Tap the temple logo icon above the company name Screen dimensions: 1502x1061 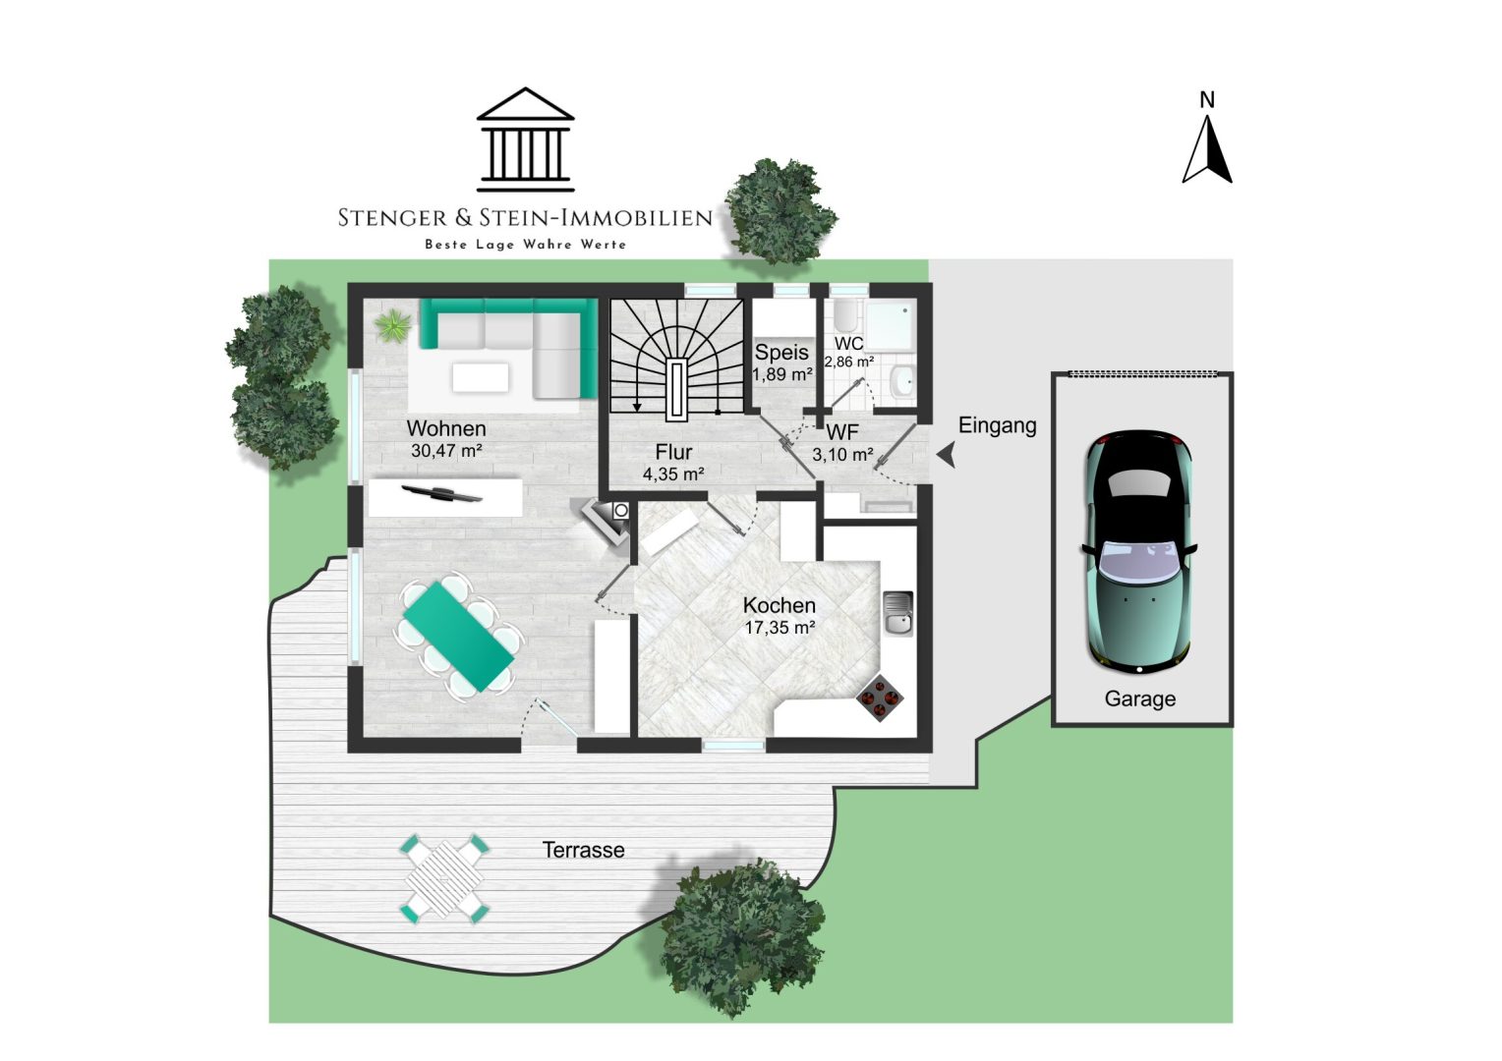(526, 140)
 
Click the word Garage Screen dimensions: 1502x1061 (1140, 699)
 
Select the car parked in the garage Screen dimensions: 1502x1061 (1139, 551)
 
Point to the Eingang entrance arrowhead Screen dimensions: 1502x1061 (947, 456)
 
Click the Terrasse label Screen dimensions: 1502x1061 (583, 850)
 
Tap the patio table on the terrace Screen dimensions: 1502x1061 (444, 879)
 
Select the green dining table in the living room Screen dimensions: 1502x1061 (459, 636)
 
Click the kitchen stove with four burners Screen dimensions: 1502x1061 (880, 698)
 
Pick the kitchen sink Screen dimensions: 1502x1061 (897, 613)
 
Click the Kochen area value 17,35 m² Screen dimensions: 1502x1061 (780, 628)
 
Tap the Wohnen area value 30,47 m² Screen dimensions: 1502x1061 (446, 450)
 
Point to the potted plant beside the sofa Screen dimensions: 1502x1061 (393, 326)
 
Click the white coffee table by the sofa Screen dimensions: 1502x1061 (480, 377)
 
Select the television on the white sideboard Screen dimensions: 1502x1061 (442, 493)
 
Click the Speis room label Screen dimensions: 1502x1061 (781, 353)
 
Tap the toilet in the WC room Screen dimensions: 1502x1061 (846, 317)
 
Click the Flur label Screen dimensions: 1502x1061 (674, 452)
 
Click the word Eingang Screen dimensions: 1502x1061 (997, 426)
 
